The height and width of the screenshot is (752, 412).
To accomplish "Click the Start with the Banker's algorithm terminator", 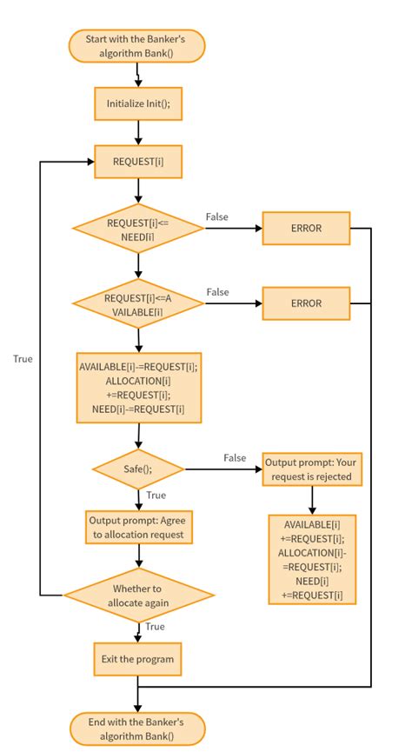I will pyautogui.click(x=137, y=46).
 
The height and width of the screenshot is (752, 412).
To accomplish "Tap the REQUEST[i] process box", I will pyautogui.click(x=137, y=161).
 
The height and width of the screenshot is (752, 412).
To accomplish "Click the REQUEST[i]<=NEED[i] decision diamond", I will pyautogui.click(x=137, y=230).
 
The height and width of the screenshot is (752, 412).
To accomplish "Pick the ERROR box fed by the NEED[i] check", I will pyautogui.click(x=305, y=229).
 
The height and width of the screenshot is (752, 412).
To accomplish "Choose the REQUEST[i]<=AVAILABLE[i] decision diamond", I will pyautogui.click(x=137, y=304).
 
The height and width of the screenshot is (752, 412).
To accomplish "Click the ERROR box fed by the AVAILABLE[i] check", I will pyautogui.click(x=305, y=303).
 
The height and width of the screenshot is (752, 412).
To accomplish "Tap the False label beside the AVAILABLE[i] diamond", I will pyautogui.click(x=218, y=291).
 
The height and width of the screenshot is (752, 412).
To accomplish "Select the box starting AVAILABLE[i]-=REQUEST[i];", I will pyautogui.click(x=137, y=388).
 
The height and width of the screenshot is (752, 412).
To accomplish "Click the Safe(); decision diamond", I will pyautogui.click(x=137, y=469).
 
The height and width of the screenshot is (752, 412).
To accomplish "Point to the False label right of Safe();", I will pyautogui.click(x=234, y=457).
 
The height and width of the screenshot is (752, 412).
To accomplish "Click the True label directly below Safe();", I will pyautogui.click(x=156, y=495).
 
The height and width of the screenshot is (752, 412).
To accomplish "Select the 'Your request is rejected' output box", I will pyautogui.click(x=311, y=469).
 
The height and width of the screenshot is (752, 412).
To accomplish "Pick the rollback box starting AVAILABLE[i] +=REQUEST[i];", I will pyautogui.click(x=311, y=560).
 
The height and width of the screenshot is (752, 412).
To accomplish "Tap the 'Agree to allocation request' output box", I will pyautogui.click(x=137, y=527).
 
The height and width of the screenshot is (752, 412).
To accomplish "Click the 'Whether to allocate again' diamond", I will pyautogui.click(x=137, y=596).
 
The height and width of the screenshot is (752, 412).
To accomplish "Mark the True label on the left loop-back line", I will pyautogui.click(x=23, y=358).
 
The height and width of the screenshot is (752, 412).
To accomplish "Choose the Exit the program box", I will pyautogui.click(x=137, y=659).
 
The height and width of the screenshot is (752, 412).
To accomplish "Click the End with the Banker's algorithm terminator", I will pyautogui.click(x=137, y=728).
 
